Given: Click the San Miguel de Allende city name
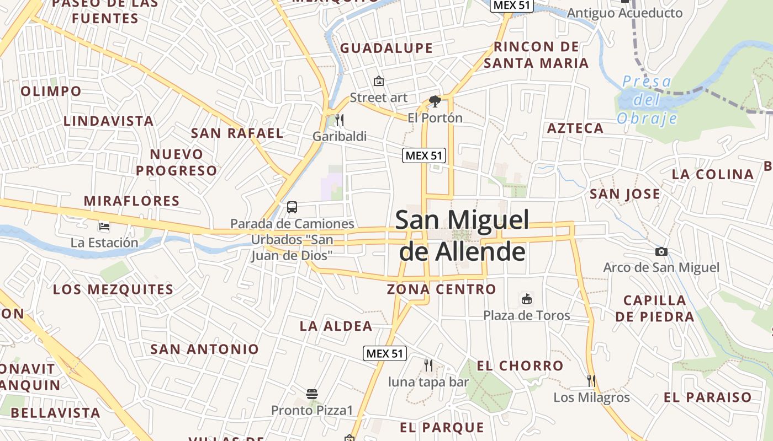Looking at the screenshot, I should [462, 235].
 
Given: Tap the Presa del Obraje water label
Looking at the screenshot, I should [647, 100].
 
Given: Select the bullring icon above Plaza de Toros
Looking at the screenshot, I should [527, 299].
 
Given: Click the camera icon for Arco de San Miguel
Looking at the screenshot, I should [661, 252].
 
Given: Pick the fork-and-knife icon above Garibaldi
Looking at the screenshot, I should [340, 120].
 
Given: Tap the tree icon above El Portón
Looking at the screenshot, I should [435, 101].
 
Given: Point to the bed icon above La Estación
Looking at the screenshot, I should [104, 226].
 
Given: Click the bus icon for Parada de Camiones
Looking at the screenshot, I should [292, 207].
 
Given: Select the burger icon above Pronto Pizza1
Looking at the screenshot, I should [312, 394].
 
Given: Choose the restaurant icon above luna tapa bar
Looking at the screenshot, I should [428, 364].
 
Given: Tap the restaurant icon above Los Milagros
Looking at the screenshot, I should [591, 380].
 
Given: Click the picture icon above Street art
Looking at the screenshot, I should [379, 81].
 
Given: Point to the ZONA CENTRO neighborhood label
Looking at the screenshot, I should [441, 289].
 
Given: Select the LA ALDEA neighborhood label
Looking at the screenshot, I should [336, 326].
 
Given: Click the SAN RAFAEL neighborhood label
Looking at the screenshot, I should [237, 133].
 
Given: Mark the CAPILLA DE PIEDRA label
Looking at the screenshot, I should [654, 309].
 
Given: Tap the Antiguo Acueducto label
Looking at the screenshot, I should [624, 13].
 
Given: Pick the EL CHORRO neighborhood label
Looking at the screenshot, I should [520, 365].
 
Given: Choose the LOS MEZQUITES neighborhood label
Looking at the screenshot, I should [113, 289].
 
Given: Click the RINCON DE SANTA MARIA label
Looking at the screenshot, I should [536, 55].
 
